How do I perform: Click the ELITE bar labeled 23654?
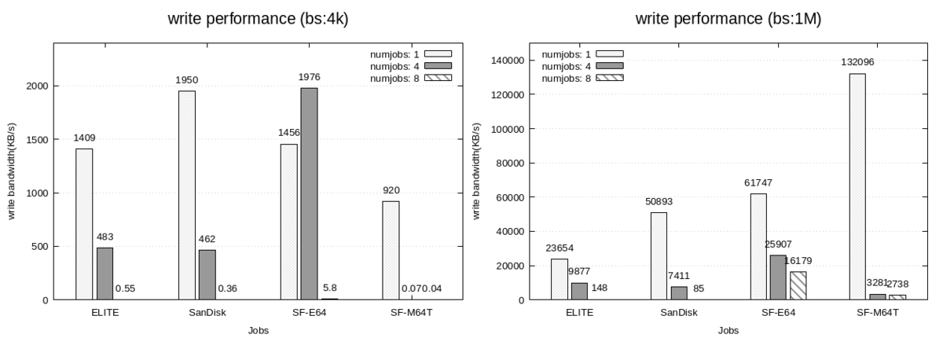(559, 279)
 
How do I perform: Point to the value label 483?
(105, 237)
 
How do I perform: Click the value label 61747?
(759, 182)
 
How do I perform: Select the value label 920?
(391, 190)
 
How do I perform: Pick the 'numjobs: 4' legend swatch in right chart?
(609, 65)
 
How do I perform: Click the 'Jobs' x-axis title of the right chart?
(728, 331)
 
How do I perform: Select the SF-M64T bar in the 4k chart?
(391, 250)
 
